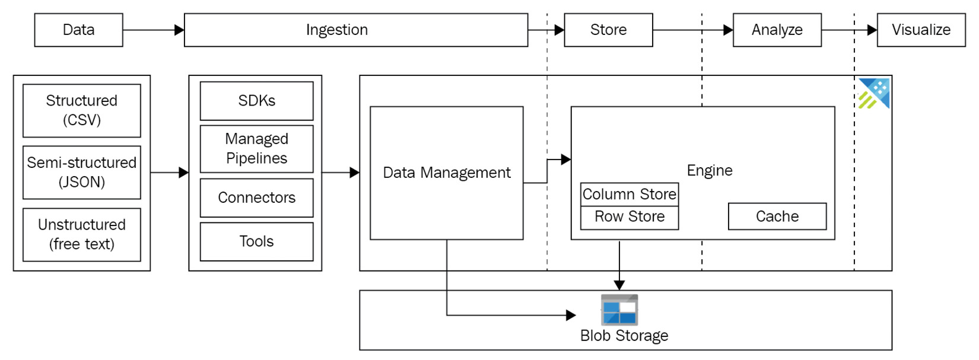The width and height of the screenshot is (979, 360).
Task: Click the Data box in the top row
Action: [x=78, y=30]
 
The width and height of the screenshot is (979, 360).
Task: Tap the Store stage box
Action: [x=608, y=30]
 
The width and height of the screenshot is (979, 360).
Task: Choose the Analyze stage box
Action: [x=777, y=30]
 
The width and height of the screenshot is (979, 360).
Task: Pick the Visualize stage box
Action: [x=921, y=30]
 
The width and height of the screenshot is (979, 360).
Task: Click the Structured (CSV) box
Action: [x=82, y=110]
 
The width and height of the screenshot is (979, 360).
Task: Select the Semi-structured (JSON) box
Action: [x=82, y=172]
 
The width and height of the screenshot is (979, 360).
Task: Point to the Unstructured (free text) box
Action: [x=82, y=234]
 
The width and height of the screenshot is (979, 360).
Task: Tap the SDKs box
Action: [x=256, y=101]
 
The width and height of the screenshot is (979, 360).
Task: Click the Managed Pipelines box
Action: [x=256, y=148]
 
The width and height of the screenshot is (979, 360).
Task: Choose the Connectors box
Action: [x=256, y=197]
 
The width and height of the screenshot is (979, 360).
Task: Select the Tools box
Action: [x=256, y=241]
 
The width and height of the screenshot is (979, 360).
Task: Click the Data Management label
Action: [x=446, y=173]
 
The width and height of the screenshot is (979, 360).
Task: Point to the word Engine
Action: [x=710, y=171]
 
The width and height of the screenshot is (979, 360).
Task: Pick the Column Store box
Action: [x=629, y=194]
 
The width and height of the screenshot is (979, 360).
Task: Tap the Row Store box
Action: [x=629, y=217]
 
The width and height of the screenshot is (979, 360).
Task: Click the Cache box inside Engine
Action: [x=777, y=216]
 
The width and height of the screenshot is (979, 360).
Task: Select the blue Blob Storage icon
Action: [x=619, y=310]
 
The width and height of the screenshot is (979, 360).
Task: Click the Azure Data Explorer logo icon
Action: [x=874, y=94]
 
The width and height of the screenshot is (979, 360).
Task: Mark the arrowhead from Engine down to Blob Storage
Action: [x=619, y=285]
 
